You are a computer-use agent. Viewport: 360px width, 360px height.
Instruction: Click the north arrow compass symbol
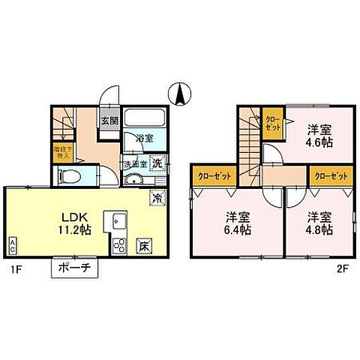coord(180,95)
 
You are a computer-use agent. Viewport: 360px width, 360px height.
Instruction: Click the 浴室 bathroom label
coord(144,137)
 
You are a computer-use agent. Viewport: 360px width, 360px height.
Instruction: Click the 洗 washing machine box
coord(158,162)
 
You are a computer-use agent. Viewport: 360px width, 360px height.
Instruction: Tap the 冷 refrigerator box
coord(158,198)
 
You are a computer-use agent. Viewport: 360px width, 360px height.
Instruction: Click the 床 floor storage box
coord(143,244)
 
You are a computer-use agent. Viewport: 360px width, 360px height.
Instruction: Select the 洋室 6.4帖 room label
coord(238,223)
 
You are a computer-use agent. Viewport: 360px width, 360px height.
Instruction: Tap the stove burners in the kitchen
coord(120,245)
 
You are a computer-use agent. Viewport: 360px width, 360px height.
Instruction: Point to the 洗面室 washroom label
coord(134,163)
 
